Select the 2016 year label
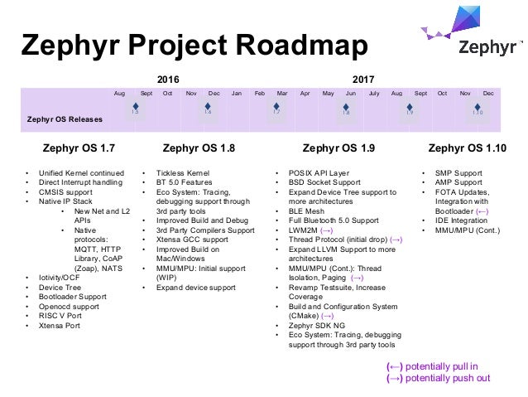pos(167,80)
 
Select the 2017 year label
pos(363,80)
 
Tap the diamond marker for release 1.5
pos(135,108)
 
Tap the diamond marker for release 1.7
pos(276,108)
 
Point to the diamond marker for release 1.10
pos(478,108)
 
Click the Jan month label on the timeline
pos(237,94)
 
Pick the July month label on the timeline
pos(373,94)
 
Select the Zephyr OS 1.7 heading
pos(73,150)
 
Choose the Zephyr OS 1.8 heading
pos(199,150)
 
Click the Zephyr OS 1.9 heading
pos(338,150)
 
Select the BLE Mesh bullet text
pos(308,211)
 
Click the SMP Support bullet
pos(458,173)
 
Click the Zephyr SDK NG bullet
pos(319,326)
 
